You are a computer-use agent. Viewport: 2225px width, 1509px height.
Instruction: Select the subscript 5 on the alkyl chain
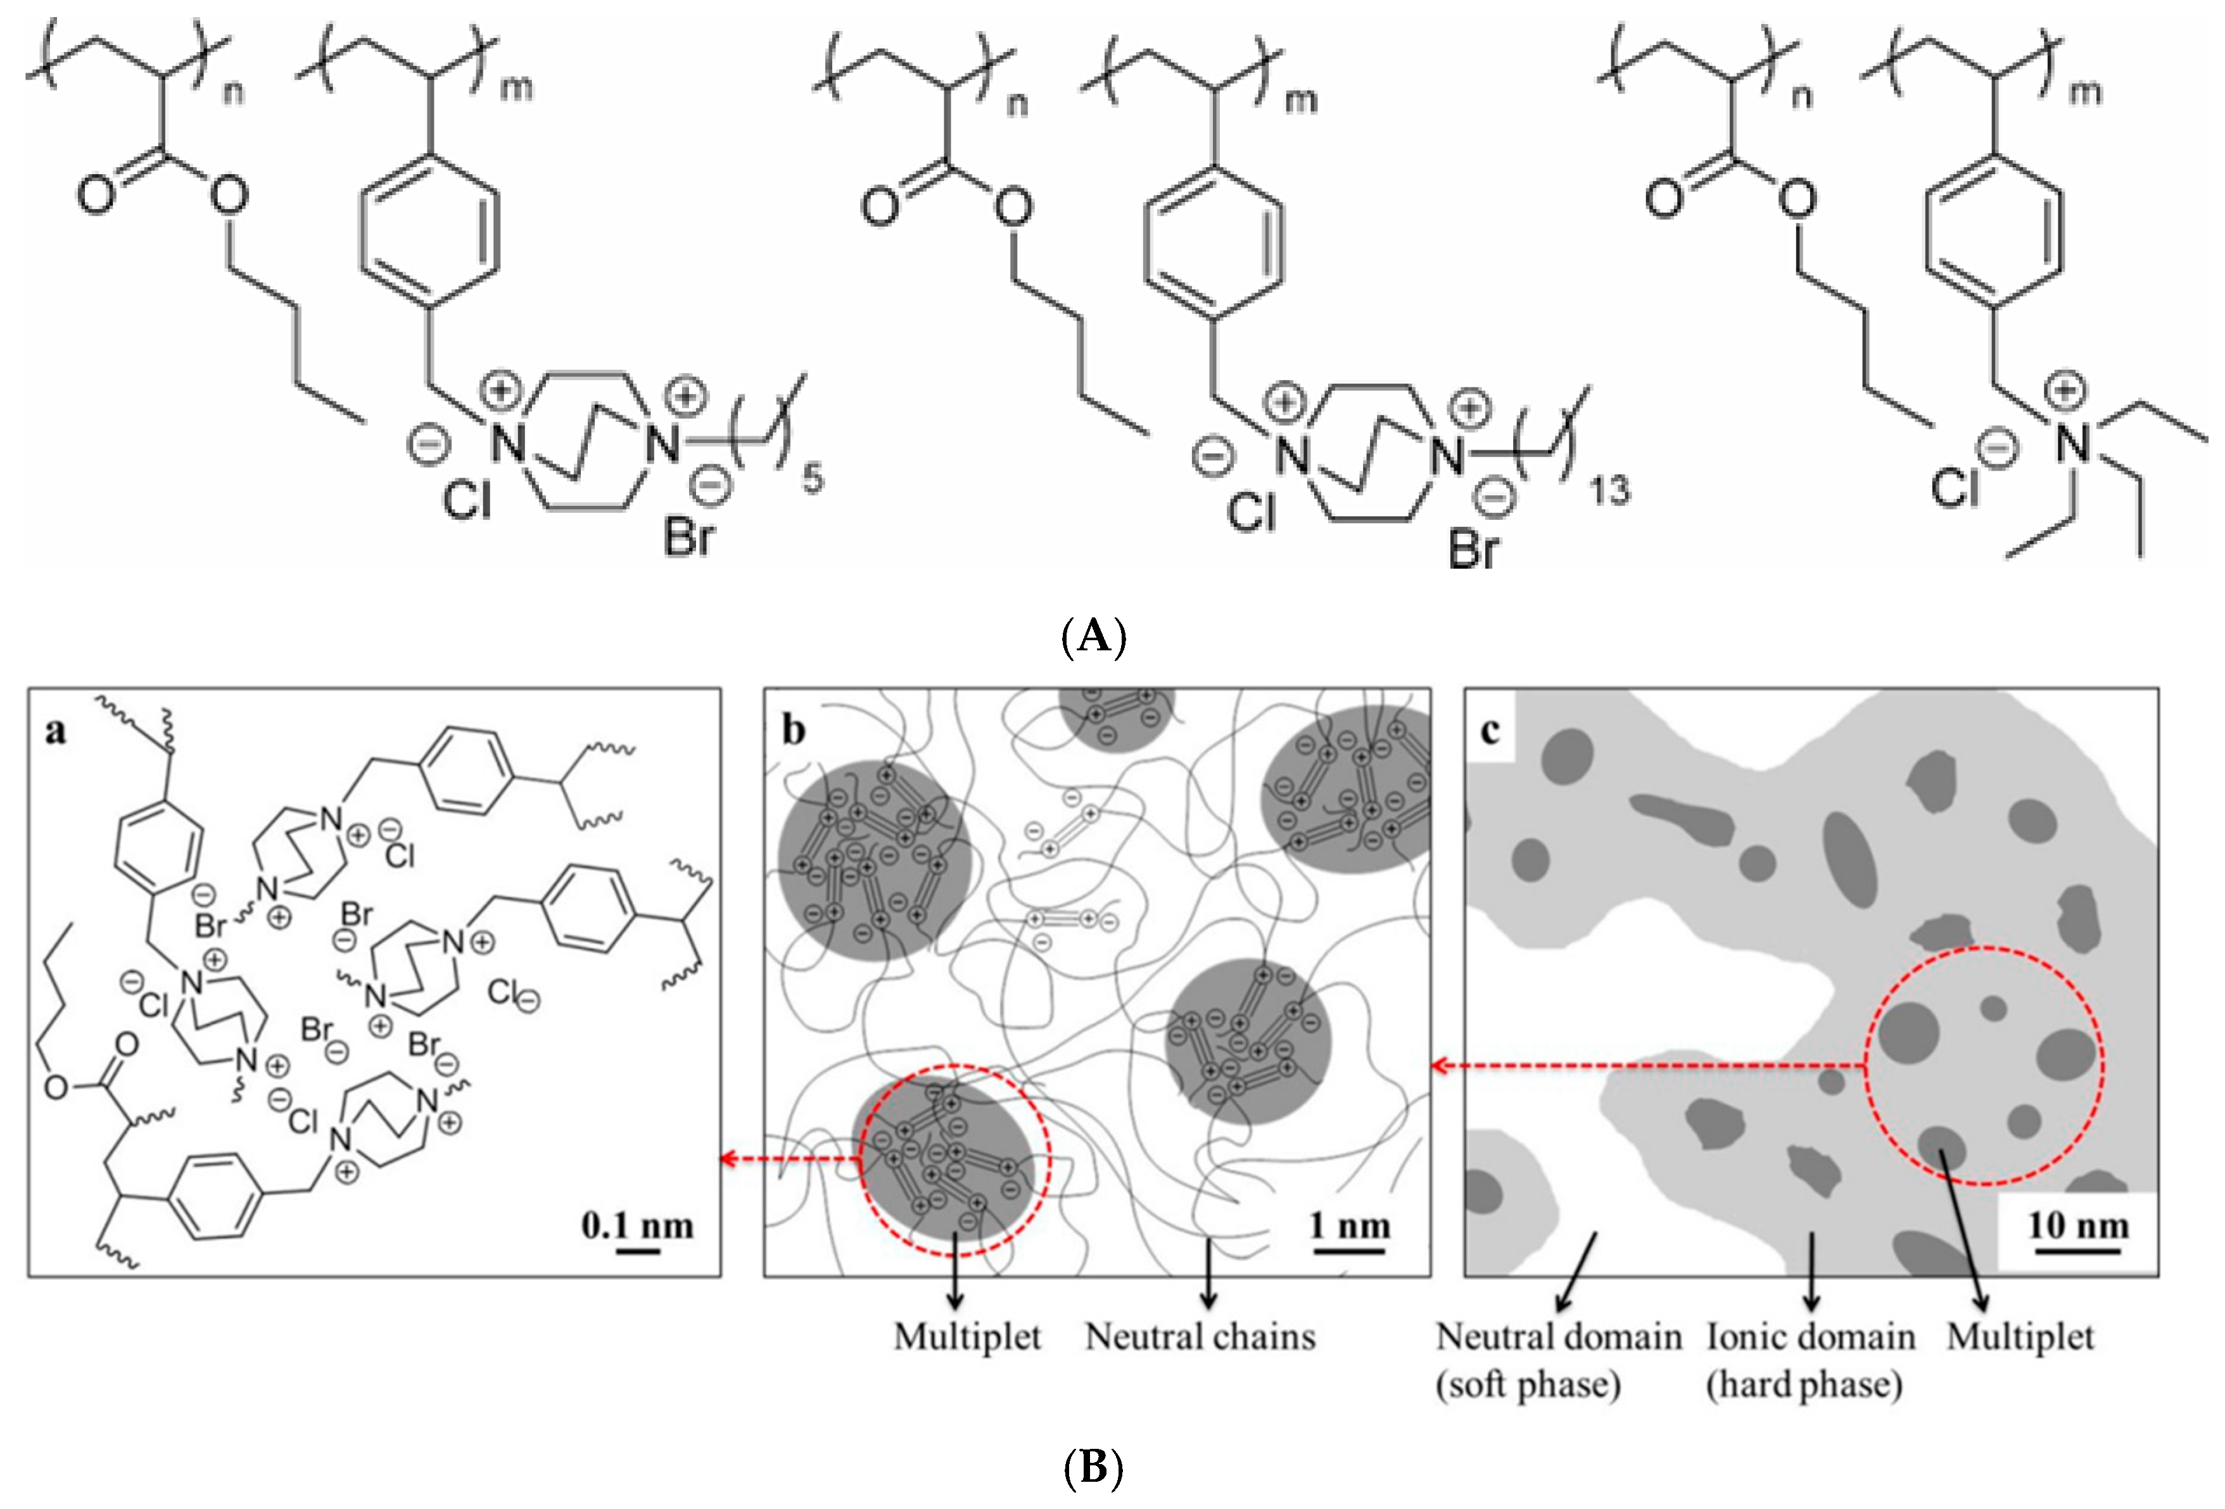(812, 477)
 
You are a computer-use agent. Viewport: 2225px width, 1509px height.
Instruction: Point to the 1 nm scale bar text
(1350, 1225)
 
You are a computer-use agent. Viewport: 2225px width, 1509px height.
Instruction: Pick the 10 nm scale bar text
(2077, 1225)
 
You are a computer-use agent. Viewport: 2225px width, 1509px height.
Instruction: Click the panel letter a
(56, 731)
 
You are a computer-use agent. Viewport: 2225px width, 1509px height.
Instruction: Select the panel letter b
(794, 731)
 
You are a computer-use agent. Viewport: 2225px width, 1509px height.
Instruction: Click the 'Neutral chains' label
(1201, 1337)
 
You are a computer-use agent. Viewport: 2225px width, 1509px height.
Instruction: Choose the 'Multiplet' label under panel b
(967, 1337)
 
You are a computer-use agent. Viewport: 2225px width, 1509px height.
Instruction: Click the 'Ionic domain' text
(1810, 1337)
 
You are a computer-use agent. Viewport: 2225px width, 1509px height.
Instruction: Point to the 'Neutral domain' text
(1559, 1337)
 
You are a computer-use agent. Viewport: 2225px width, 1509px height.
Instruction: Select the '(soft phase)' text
(1528, 1384)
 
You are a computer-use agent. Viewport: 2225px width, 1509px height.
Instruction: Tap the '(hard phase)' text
(1804, 1384)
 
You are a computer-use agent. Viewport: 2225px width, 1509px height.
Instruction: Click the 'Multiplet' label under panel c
(2020, 1337)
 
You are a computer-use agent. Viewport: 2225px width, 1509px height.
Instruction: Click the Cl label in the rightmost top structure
(1954, 488)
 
